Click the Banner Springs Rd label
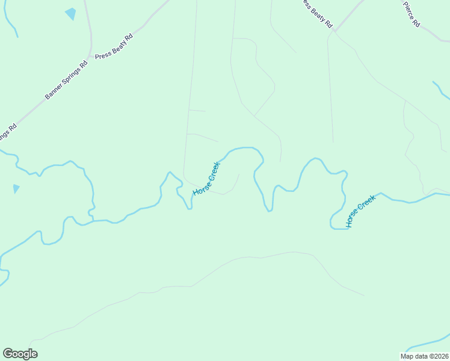tap(66, 79)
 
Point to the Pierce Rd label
tap(411, 13)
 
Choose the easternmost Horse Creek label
tap(361, 211)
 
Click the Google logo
tap(20, 354)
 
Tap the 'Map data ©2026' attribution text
tap(424, 356)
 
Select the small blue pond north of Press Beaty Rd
tap(71, 13)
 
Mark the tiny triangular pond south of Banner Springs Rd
tap(16, 189)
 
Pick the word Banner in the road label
tap(54, 91)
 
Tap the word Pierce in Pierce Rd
tap(408, 8)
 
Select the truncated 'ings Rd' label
tap(7, 131)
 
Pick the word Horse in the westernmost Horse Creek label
tap(200, 187)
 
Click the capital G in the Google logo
tap(8, 353)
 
